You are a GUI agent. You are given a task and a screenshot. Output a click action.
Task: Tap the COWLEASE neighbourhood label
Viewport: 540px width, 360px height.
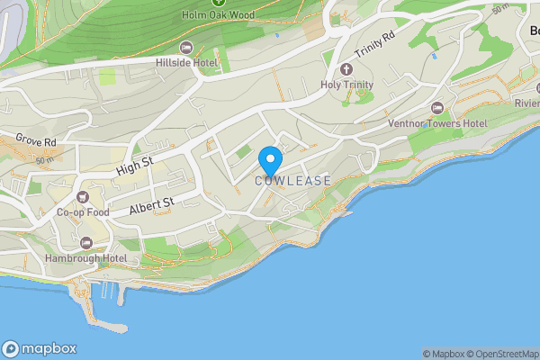292,181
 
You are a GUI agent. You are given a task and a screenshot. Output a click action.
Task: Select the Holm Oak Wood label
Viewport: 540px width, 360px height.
217,15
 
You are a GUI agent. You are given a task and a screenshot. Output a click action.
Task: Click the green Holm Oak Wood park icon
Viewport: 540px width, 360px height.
217,3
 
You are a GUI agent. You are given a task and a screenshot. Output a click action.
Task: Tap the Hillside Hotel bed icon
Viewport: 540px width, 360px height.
186,48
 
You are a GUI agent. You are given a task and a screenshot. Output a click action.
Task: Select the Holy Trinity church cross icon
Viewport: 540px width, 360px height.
346,69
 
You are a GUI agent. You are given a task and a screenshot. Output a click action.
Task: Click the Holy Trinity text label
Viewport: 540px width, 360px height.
346,85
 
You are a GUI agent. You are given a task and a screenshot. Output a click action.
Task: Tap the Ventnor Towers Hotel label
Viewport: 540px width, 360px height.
437,123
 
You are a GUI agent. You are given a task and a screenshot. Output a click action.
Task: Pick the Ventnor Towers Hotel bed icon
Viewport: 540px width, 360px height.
438,108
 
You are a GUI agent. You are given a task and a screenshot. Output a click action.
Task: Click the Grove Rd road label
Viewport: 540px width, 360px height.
36,142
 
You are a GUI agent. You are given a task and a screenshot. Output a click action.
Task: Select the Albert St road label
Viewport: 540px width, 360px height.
151,206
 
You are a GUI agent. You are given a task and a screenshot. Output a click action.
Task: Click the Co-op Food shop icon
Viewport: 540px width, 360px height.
83,197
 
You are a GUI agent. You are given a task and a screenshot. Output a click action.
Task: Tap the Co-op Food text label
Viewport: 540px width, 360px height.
83,212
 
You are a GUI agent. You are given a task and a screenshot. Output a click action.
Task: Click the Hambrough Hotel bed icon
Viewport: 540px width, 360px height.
85,242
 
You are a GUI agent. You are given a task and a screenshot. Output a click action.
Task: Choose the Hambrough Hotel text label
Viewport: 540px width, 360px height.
85,258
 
